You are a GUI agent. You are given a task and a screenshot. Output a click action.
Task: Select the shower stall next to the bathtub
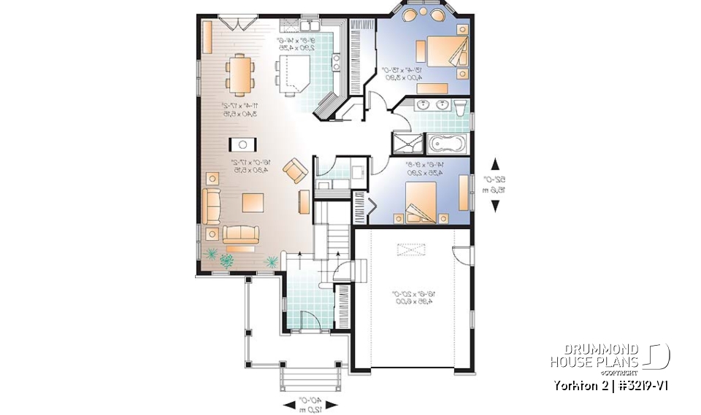click(x=404, y=141)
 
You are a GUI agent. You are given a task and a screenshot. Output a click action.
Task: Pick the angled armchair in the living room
click(x=295, y=171)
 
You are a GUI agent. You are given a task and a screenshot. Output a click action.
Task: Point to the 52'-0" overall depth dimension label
click(x=496, y=184)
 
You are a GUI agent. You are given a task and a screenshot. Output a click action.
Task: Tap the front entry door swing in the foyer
click(x=307, y=320)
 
